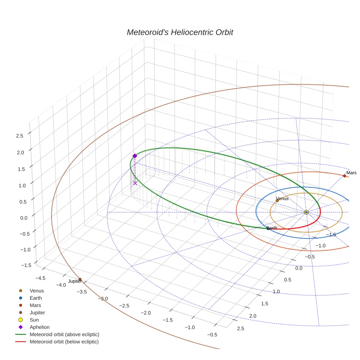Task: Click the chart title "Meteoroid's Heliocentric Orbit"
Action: point(180,32)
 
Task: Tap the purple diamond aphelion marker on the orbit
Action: point(135,156)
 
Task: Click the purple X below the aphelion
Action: point(135,183)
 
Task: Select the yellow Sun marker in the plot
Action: point(306,212)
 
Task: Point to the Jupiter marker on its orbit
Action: point(80,280)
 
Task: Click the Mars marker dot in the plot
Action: point(344,176)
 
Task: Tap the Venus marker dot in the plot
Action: point(277,200)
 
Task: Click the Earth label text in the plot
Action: point(272,228)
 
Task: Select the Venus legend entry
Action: point(37,291)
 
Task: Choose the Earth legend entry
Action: point(35,298)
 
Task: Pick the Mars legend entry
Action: point(35,305)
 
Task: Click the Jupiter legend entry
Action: point(37,312)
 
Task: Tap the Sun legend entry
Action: point(34,320)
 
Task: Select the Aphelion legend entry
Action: point(39,327)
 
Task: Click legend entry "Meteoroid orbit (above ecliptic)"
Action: point(64,334)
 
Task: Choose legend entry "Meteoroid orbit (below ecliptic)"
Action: point(64,342)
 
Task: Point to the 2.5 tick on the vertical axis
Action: point(19,136)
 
